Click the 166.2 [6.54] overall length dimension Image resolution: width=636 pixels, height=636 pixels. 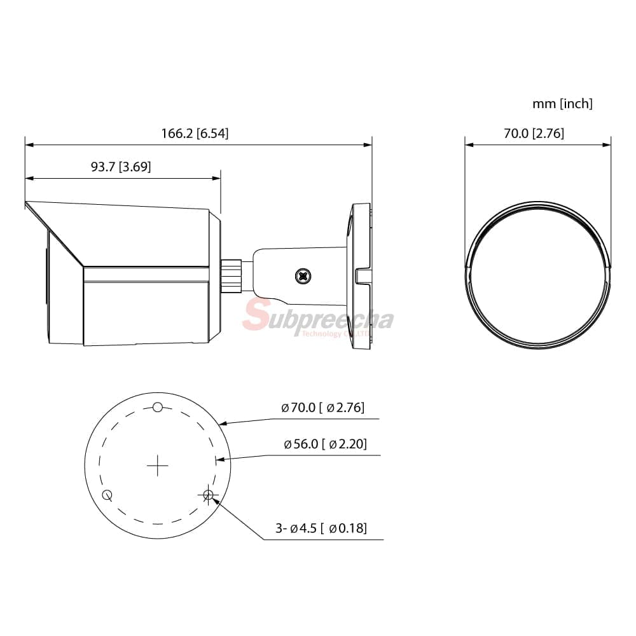tap(195, 133)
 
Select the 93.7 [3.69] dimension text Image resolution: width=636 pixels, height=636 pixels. tap(120, 166)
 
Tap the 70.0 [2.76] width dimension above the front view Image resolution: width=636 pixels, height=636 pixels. tap(534, 133)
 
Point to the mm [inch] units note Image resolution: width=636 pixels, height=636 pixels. tap(562, 104)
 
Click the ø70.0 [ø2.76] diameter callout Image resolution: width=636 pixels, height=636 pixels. tap(323, 407)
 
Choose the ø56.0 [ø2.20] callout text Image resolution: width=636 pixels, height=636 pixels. tap(325, 444)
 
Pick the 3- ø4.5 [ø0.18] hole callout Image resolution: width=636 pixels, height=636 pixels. tap(321, 528)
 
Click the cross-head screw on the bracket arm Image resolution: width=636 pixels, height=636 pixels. tap(303, 276)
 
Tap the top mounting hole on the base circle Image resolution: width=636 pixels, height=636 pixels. tap(158, 407)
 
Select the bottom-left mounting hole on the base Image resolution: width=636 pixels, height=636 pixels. tap(107, 495)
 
